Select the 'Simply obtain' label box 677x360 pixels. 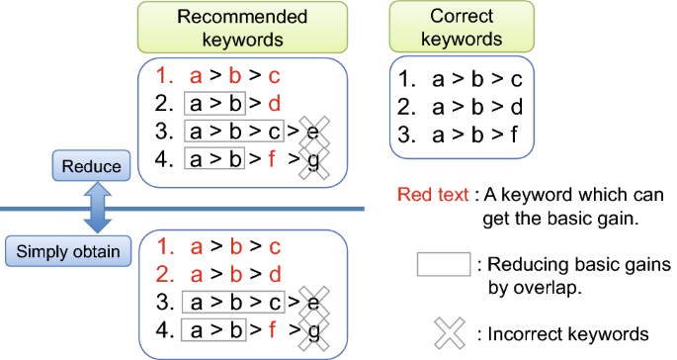(70, 251)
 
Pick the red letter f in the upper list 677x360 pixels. (272, 158)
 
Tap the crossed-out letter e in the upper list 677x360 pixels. (312, 131)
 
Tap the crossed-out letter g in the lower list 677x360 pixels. (312, 329)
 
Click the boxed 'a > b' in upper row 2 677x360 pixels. (213, 103)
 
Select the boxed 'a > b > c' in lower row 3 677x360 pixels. (234, 302)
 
